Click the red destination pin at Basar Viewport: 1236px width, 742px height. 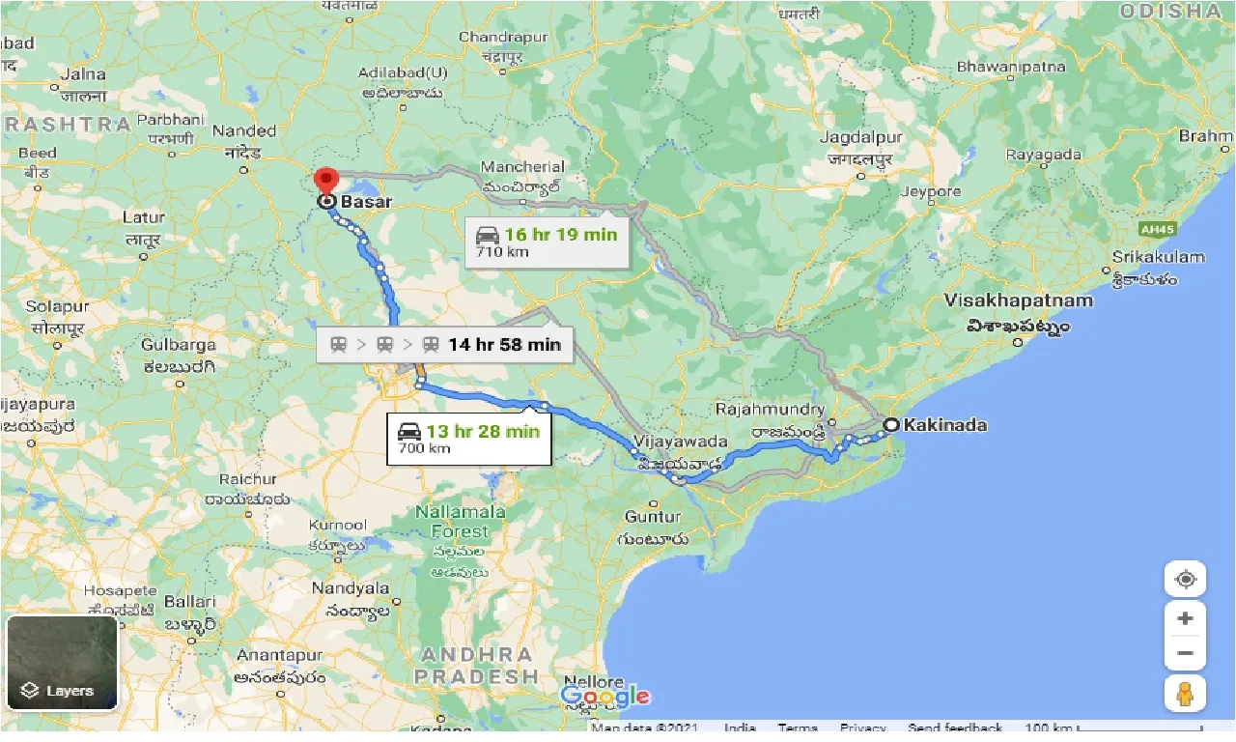(326, 180)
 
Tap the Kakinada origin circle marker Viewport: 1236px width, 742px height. (891, 424)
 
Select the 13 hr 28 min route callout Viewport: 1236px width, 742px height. (469, 439)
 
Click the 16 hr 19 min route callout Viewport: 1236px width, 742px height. (547, 242)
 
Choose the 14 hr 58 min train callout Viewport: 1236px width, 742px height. (445, 345)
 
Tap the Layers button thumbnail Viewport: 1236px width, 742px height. (62, 663)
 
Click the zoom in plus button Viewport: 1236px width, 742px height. (1185, 618)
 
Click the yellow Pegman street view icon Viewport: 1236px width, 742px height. (1185, 694)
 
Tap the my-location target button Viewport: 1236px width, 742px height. (1185, 580)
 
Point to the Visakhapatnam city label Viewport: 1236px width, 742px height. (1019, 300)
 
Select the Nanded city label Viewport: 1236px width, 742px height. (244, 130)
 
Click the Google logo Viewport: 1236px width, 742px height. (604, 696)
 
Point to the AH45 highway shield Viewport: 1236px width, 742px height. (1154, 229)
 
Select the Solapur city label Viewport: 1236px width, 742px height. (57, 306)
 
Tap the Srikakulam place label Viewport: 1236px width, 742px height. (1159, 257)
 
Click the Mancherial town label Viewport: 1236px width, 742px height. (522, 167)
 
